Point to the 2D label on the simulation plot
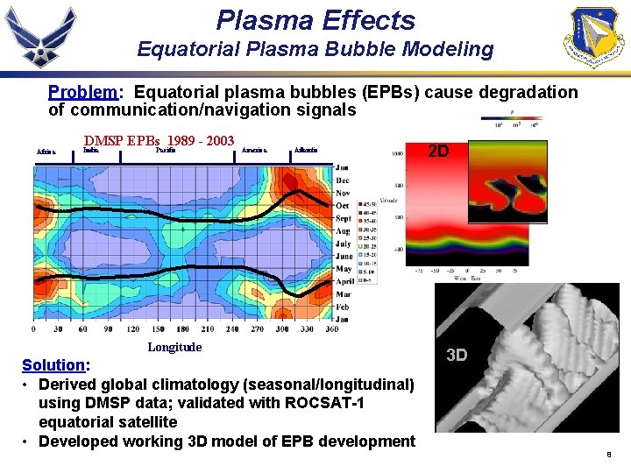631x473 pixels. coord(438,152)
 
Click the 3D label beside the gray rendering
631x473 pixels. coord(457,355)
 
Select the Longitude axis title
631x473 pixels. coord(174,347)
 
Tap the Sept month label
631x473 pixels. coord(343,219)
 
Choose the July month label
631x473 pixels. coord(343,244)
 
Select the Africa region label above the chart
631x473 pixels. coord(46,152)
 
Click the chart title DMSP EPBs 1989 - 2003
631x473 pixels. coord(159,140)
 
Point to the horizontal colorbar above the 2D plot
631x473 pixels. coord(511,114)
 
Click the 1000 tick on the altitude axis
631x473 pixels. coord(397,152)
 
